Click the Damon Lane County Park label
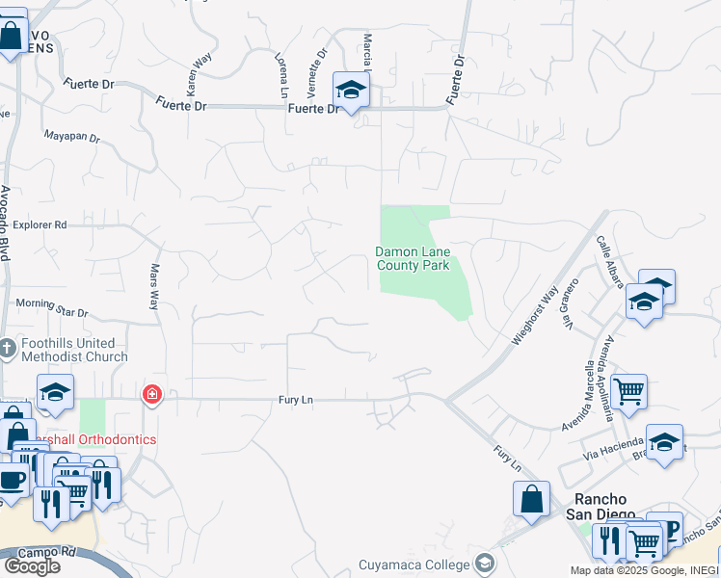pos(413,258)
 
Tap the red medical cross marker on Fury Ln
pos(151,394)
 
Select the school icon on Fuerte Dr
pos(351,91)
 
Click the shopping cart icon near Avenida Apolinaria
pos(628,391)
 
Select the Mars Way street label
pos(153,286)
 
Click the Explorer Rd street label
pos(40,225)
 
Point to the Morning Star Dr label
pos(52,307)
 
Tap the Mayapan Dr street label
pos(71,137)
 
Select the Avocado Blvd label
pos(5,223)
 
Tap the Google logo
pos(31,565)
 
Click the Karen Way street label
pos(198,73)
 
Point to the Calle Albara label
pos(609,261)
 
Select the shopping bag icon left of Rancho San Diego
pos(531,499)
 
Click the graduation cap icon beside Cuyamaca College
pos(485,564)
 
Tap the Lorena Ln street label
pos(281,75)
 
